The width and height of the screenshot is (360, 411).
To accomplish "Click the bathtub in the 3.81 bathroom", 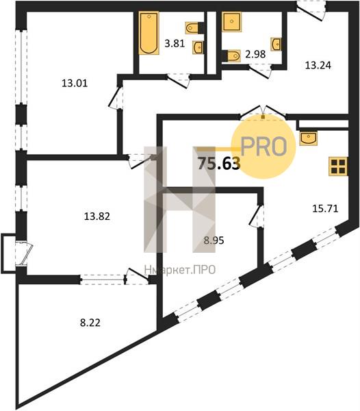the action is coord(149,33).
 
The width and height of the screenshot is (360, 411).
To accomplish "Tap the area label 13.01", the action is coord(75,84).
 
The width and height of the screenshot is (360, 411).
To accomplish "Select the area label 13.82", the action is coord(97,216).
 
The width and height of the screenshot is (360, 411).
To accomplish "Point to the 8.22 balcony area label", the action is coord(90,323).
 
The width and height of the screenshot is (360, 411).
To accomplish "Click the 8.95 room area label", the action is coord(214,240).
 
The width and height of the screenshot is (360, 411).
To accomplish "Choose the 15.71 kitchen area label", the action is coord(326,209).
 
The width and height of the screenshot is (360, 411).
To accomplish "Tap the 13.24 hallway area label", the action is coord(318,65).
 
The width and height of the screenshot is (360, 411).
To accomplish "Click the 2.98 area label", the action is coord(255,54).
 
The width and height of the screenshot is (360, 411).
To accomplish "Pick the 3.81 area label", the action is coord(175,43).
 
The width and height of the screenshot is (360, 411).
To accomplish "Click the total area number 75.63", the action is coord(219,164).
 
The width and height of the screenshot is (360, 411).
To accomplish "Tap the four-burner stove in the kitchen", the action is coord(339,166).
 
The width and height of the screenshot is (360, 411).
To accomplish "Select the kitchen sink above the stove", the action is coord(309,138).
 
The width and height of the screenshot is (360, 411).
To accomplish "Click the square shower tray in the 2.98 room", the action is coord(232,21).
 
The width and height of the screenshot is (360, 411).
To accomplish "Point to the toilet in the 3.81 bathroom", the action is coord(192,27).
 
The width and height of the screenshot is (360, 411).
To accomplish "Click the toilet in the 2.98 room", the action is coord(233,56).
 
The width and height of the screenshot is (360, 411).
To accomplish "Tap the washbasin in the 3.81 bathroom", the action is coord(198,47).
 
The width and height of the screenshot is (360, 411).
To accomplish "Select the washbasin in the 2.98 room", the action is coord(277,44).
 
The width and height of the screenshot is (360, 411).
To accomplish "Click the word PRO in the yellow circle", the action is coord(264,147).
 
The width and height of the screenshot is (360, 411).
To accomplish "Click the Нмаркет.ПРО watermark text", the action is coord(180,269).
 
